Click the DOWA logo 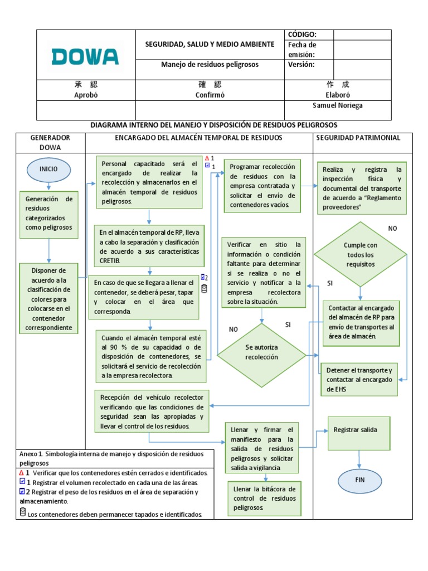(85, 56)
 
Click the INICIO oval (49, 168)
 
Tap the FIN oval (359, 480)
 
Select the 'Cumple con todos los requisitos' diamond (360, 254)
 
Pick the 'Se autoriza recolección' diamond (262, 352)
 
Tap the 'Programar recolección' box (262, 186)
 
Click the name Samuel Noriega (338, 106)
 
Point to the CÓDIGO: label (302, 35)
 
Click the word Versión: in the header (301, 65)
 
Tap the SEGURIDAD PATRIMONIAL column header (358, 138)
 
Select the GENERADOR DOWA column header (50, 143)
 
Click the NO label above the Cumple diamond (392, 229)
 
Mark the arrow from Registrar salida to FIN (359, 459)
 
